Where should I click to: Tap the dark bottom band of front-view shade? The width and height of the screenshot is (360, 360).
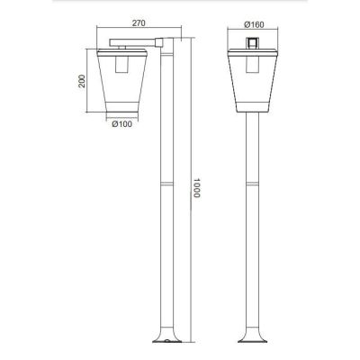pyautogui.click(x=254, y=111)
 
